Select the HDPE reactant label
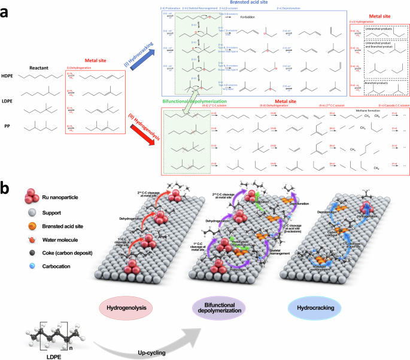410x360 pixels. pos(8,76)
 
